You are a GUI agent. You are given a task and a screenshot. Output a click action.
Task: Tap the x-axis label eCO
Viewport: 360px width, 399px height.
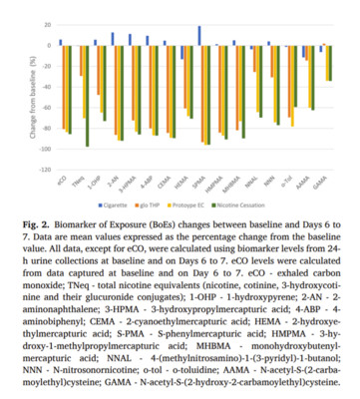63,181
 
